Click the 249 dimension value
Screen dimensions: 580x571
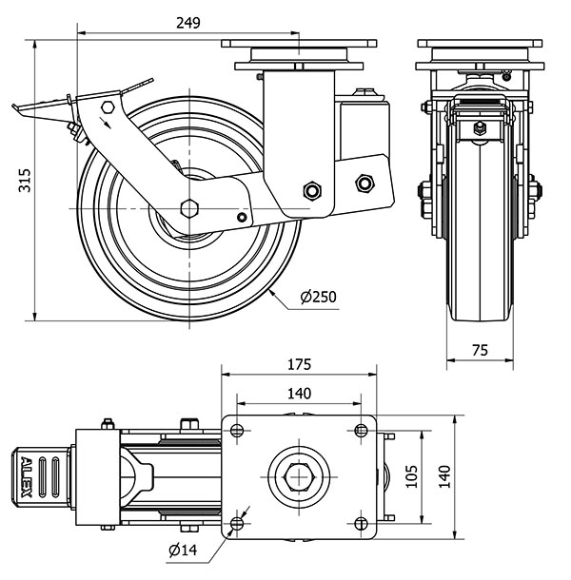click(x=188, y=23)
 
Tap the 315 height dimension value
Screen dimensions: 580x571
click(x=25, y=180)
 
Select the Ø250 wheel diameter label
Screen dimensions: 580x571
click(x=318, y=298)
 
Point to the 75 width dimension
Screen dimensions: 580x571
click(x=480, y=350)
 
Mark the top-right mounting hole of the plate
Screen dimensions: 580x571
click(x=361, y=429)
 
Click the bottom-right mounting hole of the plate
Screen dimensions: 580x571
click(x=361, y=522)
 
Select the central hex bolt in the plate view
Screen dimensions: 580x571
click(x=299, y=475)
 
